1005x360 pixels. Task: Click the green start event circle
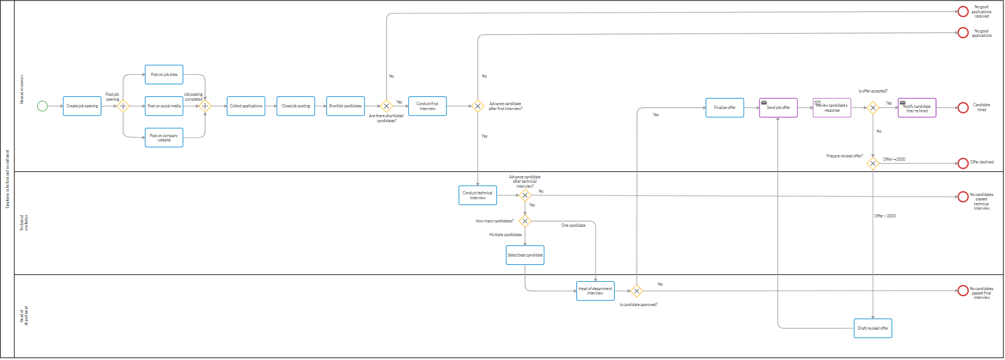point(42,106)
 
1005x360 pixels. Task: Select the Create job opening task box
point(82,106)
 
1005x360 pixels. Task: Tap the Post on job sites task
point(164,75)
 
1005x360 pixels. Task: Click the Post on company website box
point(164,138)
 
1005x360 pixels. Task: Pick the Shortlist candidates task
point(345,106)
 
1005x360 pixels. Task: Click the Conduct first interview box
point(427,106)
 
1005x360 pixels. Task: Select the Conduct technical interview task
point(478,195)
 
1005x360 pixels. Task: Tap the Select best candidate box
point(525,255)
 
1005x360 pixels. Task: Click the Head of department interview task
point(595,291)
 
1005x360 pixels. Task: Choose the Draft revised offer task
point(873,329)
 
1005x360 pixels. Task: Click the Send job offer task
point(778,108)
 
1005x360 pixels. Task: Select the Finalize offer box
point(725,108)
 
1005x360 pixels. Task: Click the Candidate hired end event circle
point(963,108)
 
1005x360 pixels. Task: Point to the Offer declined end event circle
point(963,163)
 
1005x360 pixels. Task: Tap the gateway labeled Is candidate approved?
point(637,291)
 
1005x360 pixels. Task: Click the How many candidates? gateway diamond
point(525,221)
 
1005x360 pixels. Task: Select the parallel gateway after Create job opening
point(123,106)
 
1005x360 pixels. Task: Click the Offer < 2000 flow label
point(885,216)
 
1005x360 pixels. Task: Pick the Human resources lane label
point(22,90)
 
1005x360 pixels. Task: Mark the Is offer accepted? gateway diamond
point(873,108)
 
